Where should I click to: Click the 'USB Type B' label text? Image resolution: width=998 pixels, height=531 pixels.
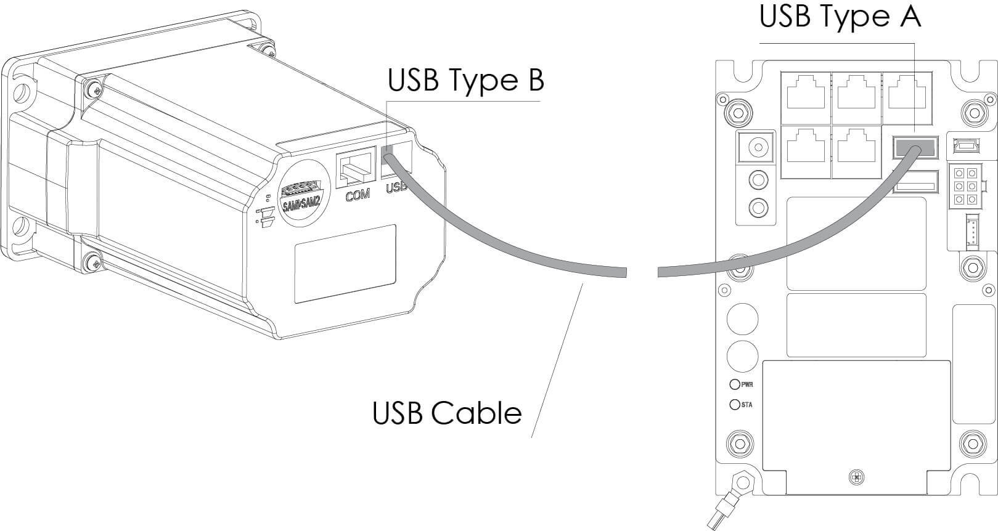coord(465,81)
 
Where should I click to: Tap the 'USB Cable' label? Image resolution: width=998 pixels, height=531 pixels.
coord(447,413)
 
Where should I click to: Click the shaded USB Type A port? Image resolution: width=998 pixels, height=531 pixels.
coord(915,148)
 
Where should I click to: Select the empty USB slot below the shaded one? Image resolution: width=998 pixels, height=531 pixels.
coord(915,183)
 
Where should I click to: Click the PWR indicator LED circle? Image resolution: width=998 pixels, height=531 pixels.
coord(734,384)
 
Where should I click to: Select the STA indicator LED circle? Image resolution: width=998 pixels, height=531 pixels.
coord(734,405)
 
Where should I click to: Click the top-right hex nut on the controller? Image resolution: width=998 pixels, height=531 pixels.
coord(973,111)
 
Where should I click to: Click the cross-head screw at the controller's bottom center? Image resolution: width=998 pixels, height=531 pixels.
coord(856,477)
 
